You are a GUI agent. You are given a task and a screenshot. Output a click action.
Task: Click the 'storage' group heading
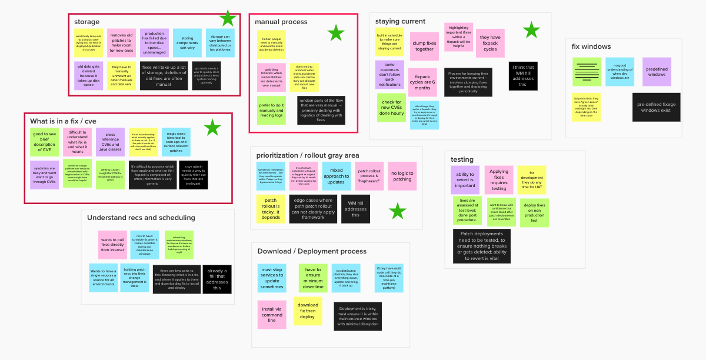(x=87, y=22)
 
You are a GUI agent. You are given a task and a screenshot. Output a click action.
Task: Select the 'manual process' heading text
(x=281, y=22)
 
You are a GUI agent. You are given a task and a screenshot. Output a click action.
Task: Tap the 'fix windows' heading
(x=591, y=46)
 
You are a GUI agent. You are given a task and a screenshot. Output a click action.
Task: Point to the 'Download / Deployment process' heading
(x=312, y=251)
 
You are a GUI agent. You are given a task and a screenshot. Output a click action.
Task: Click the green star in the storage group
(x=228, y=19)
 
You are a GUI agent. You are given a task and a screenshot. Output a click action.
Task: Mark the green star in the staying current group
(x=531, y=30)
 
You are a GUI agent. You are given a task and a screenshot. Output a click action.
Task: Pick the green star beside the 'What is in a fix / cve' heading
(x=212, y=127)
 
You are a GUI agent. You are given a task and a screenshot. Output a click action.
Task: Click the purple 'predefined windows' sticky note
(x=657, y=71)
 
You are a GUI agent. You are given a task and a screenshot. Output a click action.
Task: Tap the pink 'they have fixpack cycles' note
(x=490, y=43)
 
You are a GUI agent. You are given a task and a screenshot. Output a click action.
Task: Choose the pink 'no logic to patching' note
(x=402, y=176)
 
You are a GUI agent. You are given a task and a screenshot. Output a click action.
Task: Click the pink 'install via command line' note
(x=272, y=314)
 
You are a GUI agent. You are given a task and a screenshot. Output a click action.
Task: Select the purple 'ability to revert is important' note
(x=465, y=179)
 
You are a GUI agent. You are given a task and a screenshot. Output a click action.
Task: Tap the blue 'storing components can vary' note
(x=187, y=43)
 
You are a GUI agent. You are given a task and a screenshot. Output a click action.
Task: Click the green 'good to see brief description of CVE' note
(x=45, y=142)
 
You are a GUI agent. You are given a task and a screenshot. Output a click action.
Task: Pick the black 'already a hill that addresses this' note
(x=217, y=279)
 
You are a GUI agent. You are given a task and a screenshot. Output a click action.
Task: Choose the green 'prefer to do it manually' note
(x=271, y=110)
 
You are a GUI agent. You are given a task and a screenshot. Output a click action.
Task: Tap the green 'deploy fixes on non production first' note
(x=534, y=212)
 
